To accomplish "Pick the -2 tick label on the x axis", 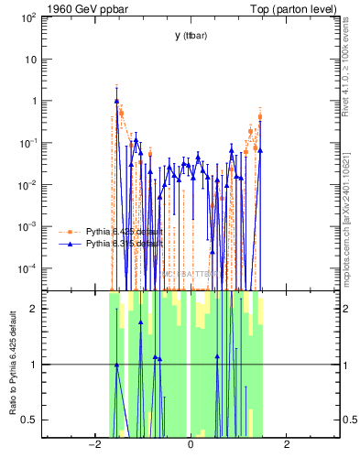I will pyautogui.click(x=93, y=445).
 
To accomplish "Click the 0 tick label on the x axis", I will pyautogui.click(x=190, y=445).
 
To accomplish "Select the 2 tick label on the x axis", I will pyautogui.click(x=287, y=445).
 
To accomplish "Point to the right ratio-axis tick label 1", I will pyautogui.click(x=345, y=365).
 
